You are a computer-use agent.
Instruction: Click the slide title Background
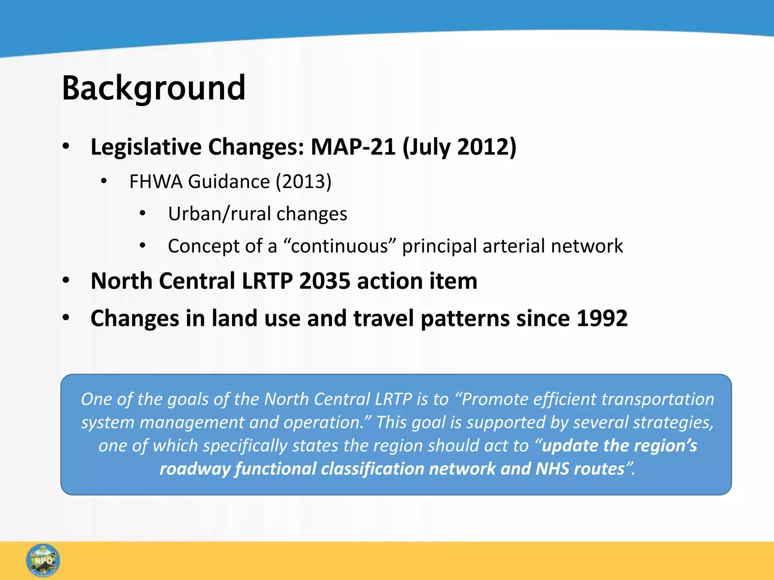(x=153, y=88)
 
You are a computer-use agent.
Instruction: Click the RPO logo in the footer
(x=43, y=560)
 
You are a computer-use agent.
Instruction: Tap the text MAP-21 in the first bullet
(x=353, y=147)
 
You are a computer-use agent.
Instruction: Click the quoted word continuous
(x=339, y=246)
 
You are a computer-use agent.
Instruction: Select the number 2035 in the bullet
(x=325, y=281)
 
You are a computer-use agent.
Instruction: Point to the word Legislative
(x=146, y=147)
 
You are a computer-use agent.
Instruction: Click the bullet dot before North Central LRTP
(x=66, y=281)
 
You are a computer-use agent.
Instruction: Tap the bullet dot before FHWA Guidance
(x=104, y=182)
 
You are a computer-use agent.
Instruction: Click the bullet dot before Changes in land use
(x=66, y=318)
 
